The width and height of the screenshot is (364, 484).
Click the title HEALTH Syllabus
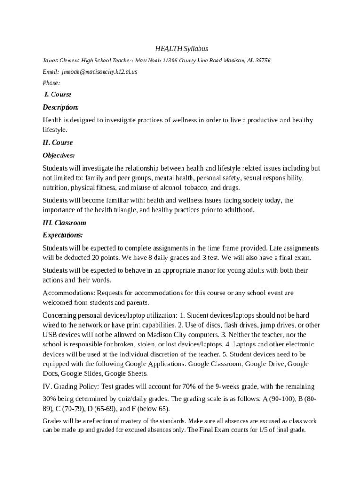coord(182,49)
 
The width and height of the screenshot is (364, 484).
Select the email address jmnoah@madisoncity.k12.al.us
coord(99,72)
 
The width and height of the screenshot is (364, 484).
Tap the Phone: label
coord(52,83)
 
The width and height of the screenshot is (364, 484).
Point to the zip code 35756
coord(263,60)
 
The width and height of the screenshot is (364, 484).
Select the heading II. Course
coord(58,142)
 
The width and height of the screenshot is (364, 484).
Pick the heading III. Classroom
coord(64,223)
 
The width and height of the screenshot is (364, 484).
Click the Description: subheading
coord(61,107)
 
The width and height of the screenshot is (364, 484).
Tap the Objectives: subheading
coord(59,155)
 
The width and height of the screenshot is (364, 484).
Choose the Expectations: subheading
coord(63,235)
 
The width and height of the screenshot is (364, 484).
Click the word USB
coord(50,335)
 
